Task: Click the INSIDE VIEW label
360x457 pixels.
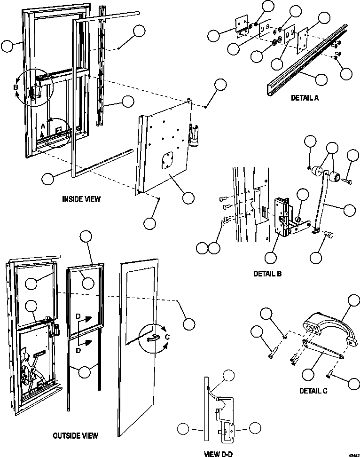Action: [x=81, y=199]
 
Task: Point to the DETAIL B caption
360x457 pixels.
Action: [x=267, y=273]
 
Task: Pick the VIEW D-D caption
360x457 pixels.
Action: [x=218, y=454]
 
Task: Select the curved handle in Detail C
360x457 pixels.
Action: [x=329, y=324]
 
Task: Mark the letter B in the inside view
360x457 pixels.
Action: [x=16, y=88]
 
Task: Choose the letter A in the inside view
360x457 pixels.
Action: [x=43, y=126]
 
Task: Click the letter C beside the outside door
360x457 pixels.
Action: [x=167, y=337]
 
